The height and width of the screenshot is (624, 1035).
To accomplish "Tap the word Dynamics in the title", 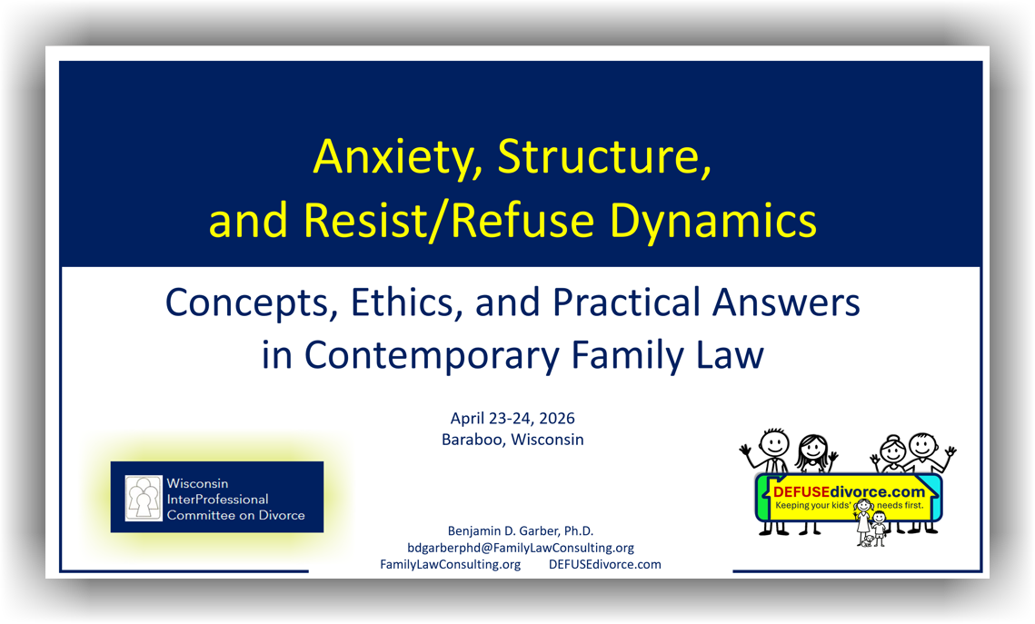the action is coord(713,222).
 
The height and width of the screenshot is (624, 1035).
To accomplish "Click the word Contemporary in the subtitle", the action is coord(432,357).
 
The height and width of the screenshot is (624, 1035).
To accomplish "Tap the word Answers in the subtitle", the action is coord(786,302).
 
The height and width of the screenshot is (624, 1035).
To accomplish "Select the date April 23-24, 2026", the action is coord(513,418).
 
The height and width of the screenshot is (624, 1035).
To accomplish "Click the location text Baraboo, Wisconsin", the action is coord(513,440).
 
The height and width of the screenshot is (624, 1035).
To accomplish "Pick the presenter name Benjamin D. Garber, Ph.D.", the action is coord(521,531).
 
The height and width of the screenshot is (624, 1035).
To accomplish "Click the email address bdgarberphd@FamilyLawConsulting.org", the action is coord(521,548).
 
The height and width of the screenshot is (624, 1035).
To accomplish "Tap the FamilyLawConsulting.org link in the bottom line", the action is coord(450,565).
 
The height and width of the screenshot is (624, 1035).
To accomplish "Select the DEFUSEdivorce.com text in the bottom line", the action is coord(604,565).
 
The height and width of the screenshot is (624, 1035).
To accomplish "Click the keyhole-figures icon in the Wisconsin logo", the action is coord(144,498).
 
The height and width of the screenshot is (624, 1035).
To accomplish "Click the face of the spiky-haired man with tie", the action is coord(773,442).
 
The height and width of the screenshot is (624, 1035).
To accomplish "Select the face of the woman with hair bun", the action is coord(892,451).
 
